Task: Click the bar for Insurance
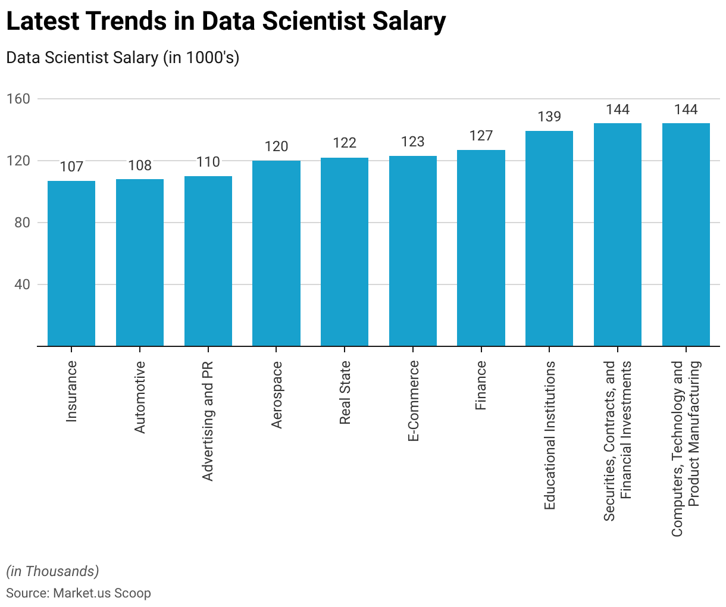coord(71,263)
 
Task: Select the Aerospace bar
coord(276,253)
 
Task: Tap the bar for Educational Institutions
coord(549,238)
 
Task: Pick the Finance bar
coord(481,248)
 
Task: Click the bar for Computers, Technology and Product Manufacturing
coord(686,234)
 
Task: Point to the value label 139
coord(549,117)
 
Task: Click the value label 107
coord(71,167)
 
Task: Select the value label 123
coord(413,142)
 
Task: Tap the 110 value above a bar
coord(208,162)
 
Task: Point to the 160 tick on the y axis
coord(18,99)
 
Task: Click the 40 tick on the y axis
coord(22,284)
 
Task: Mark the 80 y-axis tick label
coord(22,223)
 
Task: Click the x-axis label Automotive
coord(140,397)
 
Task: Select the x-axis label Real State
coord(345,393)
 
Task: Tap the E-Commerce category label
coord(414,401)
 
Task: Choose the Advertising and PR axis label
coord(208,421)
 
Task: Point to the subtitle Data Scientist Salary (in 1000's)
coord(123,58)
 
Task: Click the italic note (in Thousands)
coord(52,571)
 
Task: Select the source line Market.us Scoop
coord(79,593)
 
